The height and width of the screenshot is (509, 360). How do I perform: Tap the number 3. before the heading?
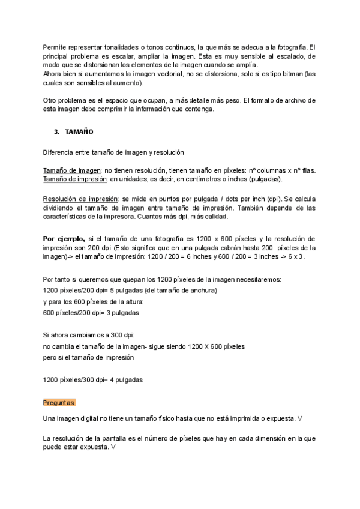(x=57, y=131)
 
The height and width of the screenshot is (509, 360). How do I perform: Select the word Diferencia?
(x=59, y=152)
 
